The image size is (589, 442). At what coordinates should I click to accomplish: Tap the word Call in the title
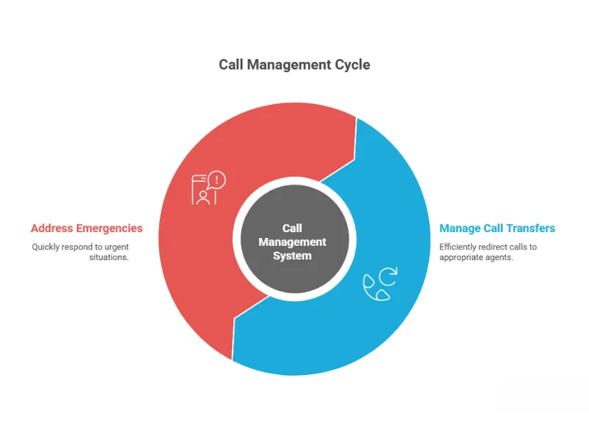(x=231, y=65)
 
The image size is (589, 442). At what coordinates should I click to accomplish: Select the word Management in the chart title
(x=289, y=65)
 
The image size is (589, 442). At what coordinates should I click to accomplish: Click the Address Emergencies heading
(x=87, y=228)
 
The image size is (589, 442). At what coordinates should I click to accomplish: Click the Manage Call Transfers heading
(x=497, y=228)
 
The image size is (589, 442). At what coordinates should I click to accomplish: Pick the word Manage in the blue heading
(x=458, y=228)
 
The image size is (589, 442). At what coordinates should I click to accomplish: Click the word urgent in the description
(x=116, y=247)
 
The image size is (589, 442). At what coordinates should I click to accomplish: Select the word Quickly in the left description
(x=46, y=247)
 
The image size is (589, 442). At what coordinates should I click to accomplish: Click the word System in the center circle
(x=292, y=256)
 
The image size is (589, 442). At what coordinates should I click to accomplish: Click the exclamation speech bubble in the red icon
(x=217, y=179)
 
